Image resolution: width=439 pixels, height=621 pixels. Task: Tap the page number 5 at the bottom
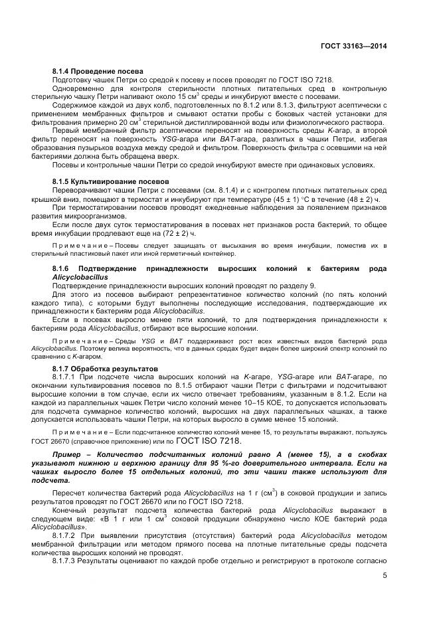pos(385,575)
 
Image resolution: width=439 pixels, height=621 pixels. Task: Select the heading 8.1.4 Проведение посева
pos(98,71)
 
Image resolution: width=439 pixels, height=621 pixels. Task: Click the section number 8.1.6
pos(64,268)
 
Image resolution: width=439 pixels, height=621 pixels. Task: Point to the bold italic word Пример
pos(68,452)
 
